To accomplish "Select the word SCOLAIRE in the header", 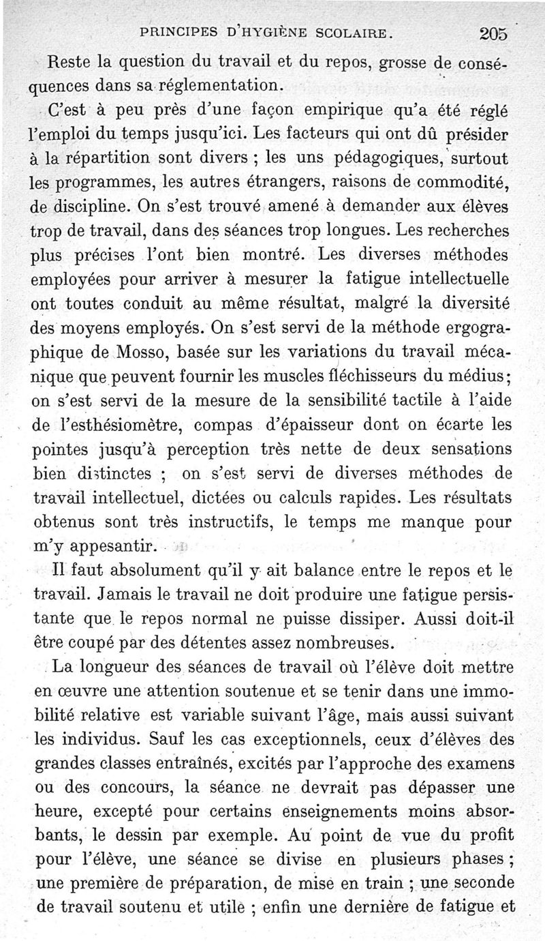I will point(352,32).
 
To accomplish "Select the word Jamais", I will point(112,595).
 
